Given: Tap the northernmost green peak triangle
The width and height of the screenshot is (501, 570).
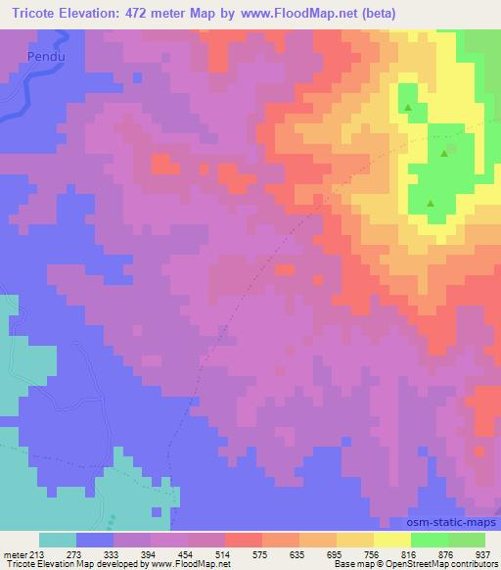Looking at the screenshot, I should coord(407,107).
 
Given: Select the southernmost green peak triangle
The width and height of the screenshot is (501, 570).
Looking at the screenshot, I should coord(432,203).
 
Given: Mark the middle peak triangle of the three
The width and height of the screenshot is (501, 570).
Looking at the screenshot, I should coord(446,152).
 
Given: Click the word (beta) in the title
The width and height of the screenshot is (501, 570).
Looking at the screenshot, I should coord(424,11).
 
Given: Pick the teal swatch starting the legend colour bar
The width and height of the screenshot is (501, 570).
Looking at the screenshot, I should coord(58,539).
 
